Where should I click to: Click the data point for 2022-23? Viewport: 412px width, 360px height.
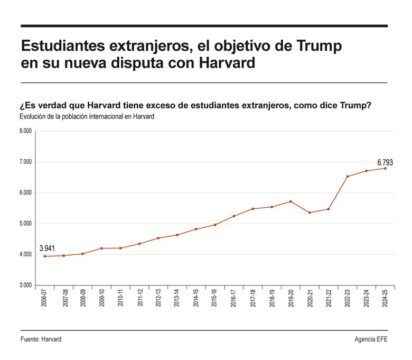[x=347, y=177]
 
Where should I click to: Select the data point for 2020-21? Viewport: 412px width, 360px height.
[x=310, y=213]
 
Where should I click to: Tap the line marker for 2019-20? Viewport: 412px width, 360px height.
[x=291, y=201]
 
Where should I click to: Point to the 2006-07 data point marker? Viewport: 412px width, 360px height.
[x=45, y=256]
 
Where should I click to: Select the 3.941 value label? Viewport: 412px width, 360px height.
[x=47, y=248]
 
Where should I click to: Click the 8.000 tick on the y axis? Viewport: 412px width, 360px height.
[x=25, y=131]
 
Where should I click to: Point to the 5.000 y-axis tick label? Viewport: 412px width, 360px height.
[x=25, y=224]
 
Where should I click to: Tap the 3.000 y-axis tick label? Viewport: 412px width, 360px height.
[x=25, y=285]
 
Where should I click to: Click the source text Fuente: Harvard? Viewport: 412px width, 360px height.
[x=41, y=339]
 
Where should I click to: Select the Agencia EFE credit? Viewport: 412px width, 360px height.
[x=371, y=339]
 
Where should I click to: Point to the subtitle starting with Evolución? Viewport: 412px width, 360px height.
[x=87, y=117]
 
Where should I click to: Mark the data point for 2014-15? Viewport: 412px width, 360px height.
[x=196, y=229]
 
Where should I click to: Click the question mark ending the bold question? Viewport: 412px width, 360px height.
[x=368, y=105]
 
